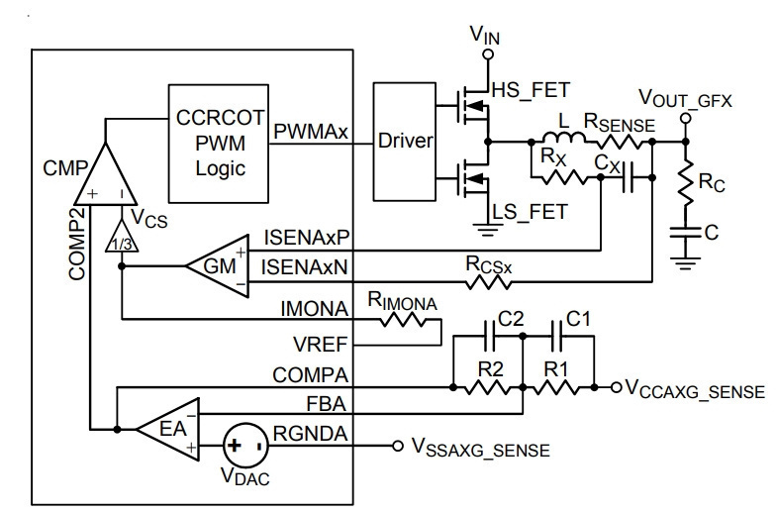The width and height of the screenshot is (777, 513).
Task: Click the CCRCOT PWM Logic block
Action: click(219, 144)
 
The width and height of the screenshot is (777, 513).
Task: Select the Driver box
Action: click(405, 142)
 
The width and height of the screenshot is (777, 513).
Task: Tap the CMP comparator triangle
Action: click(105, 173)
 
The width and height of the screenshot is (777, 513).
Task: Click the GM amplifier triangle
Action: click(218, 266)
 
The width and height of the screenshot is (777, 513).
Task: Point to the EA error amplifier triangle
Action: click(168, 429)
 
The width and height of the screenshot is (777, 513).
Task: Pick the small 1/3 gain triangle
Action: click(122, 236)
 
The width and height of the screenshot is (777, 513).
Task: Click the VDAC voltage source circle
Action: click(246, 445)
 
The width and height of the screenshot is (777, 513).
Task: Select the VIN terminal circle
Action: click(488, 54)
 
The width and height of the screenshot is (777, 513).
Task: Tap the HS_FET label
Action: click(531, 90)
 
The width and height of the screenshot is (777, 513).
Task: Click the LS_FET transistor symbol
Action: click(472, 179)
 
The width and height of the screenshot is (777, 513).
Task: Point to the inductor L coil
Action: click(563, 138)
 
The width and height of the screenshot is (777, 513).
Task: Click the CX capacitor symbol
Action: click(629, 177)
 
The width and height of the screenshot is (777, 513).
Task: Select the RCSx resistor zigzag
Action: click(488, 282)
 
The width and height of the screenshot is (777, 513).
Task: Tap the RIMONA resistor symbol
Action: click(403, 320)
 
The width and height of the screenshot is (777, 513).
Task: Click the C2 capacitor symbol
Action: click(489, 336)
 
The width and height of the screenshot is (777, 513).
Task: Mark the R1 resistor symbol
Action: click(556, 387)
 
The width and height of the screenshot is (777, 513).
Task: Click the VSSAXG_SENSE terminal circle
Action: click(398, 446)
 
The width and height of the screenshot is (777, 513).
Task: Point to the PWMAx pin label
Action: click(311, 132)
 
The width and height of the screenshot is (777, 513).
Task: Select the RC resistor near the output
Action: click(686, 183)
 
